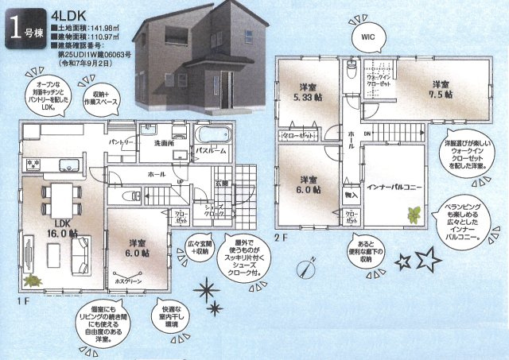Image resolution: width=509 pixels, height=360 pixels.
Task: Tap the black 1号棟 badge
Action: coord(25,28)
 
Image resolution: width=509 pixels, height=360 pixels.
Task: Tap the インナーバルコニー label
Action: coord(394,188)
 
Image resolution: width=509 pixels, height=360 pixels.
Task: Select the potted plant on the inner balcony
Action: coord(414,213)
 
